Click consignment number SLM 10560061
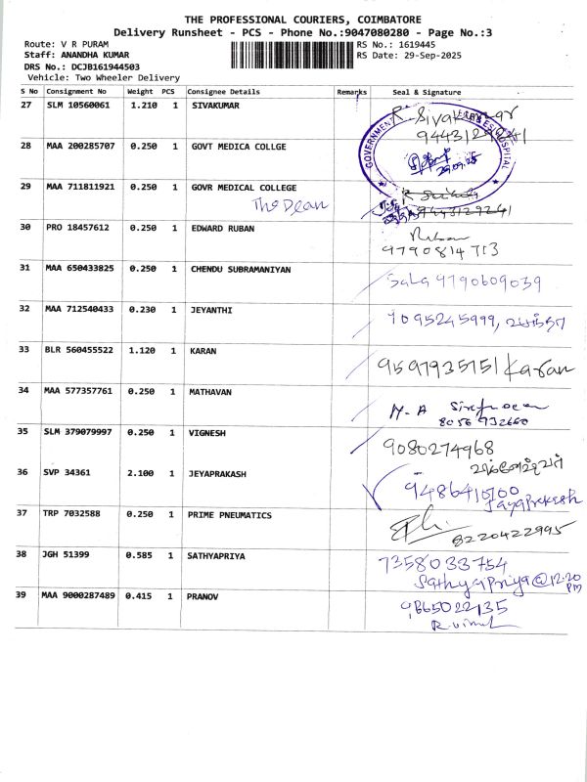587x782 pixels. (x=78, y=104)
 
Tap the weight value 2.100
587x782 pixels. (x=142, y=472)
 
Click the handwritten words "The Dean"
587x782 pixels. (x=291, y=204)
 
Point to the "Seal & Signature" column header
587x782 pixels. (x=427, y=92)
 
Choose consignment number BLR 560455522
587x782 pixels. (x=80, y=350)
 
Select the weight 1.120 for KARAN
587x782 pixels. (x=142, y=350)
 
